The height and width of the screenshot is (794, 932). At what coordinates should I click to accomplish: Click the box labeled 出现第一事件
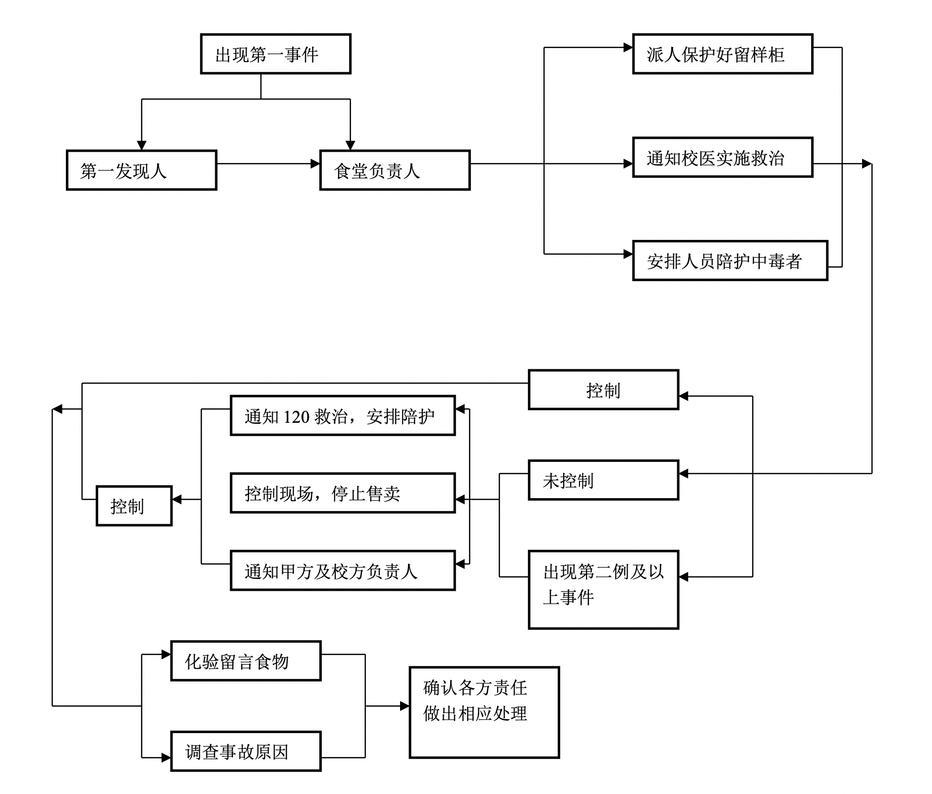(x=276, y=54)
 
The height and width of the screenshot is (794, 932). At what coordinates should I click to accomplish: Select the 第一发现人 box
(x=141, y=170)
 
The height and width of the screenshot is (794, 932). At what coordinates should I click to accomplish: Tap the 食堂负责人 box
(x=395, y=170)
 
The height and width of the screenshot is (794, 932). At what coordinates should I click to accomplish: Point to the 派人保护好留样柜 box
(x=722, y=54)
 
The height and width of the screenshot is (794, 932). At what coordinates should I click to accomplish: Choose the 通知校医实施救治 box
(x=722, y=158)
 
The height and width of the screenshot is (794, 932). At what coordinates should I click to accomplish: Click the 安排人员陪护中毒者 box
(x=730, y=261)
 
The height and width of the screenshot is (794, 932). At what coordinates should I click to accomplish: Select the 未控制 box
(x=603, y=480)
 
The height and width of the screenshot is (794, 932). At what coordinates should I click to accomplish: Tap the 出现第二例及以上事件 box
(x=603, y=589)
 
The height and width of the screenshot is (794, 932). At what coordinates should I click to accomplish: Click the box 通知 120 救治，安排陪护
(x=343, y=416)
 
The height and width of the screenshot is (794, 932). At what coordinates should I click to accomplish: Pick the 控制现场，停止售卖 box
(x=343, y=493)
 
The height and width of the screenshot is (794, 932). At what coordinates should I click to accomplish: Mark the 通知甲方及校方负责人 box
(x=343, y=570)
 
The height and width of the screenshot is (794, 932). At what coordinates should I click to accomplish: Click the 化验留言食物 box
(x=246, y=661)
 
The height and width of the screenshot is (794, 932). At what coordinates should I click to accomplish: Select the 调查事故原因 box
(x=246, y=751)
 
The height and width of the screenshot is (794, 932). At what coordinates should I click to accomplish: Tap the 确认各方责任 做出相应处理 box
(x=484, y=712)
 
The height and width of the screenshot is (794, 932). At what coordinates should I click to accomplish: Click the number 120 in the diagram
(x=296, y=417)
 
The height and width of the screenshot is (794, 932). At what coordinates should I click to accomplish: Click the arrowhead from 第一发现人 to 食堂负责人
(x=315, y=164)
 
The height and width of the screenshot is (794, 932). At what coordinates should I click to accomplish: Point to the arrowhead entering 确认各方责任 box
(x=405, y=706)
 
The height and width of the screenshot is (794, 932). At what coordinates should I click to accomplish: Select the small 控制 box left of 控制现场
(x=134, y=506)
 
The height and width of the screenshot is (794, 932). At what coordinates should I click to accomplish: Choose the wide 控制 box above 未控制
(x=603, y=390)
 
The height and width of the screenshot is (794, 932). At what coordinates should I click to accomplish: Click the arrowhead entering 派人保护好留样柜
(x=628, y=48)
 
